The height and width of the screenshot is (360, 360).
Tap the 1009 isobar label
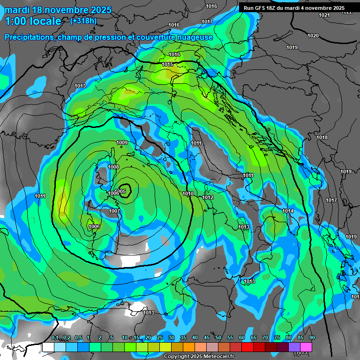122,142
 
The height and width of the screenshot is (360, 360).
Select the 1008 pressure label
113,167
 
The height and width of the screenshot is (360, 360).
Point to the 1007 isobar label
114,211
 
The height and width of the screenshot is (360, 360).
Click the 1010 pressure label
188,194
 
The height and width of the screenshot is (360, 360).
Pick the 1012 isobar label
208,197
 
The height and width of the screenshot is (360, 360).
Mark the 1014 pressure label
288,211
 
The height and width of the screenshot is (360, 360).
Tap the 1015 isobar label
167,64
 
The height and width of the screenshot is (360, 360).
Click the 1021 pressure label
324,15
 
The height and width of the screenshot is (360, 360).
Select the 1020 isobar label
313,36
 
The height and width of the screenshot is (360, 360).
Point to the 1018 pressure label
322,137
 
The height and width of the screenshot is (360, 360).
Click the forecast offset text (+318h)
83,21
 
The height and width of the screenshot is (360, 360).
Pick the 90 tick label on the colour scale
312,338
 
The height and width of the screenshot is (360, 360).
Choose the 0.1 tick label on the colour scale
55,338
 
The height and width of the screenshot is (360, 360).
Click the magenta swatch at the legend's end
306,347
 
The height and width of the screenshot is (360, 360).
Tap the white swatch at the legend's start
48,347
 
